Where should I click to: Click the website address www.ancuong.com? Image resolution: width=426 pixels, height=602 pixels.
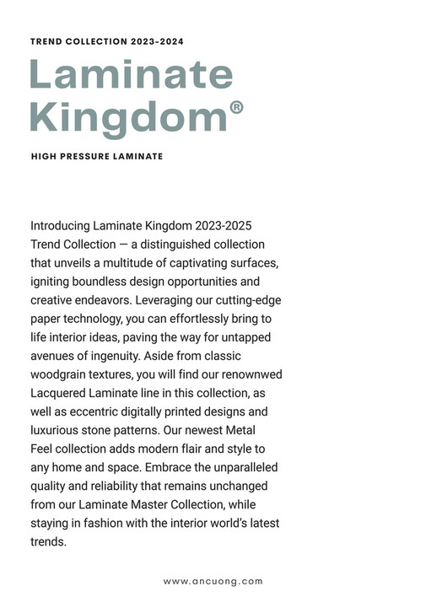(213, 581)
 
